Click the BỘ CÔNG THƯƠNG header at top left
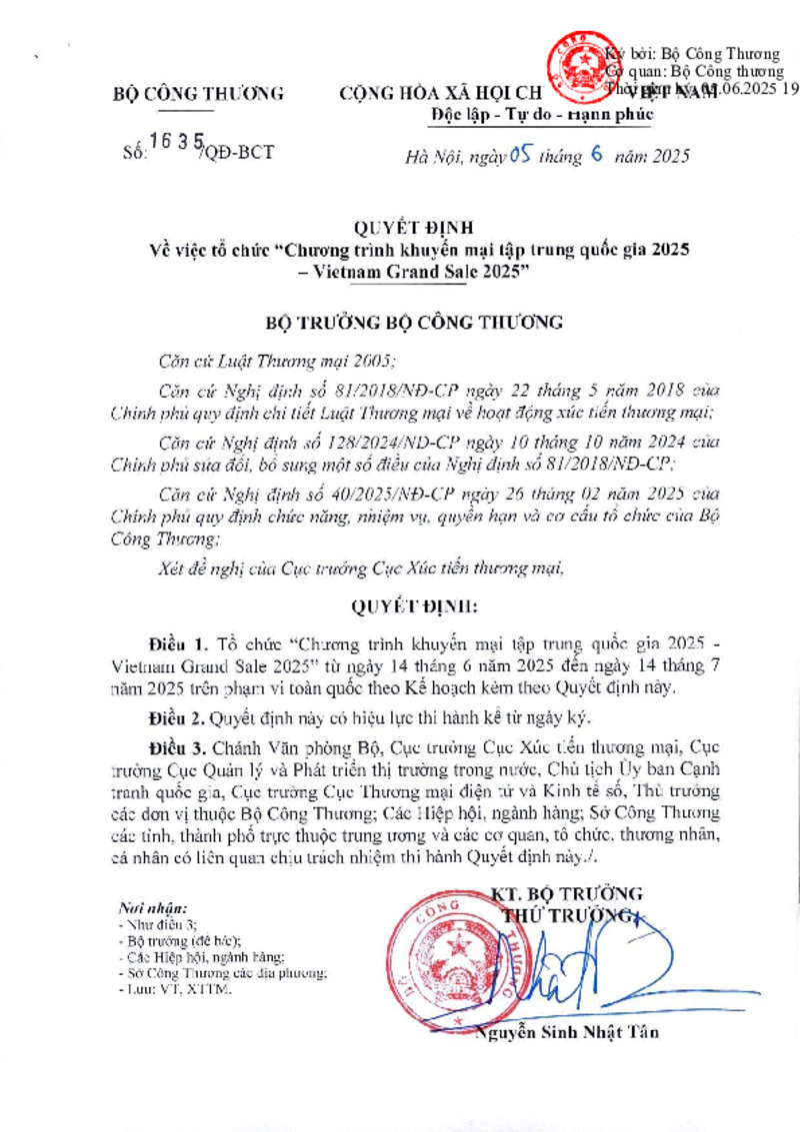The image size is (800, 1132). pos(198,95)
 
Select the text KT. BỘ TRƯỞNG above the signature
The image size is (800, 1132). pos(567,893)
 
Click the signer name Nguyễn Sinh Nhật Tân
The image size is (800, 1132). pos(568,1032)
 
